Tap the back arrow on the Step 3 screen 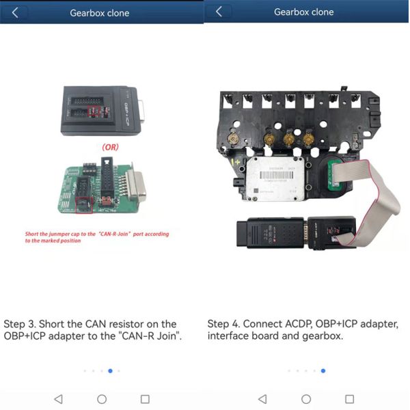15,12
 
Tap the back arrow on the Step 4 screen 219,12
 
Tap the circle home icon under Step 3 102,398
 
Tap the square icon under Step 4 350,398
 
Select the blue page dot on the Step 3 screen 110,371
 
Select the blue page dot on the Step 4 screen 323,371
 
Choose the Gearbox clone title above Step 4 304,12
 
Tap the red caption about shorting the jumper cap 96,237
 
